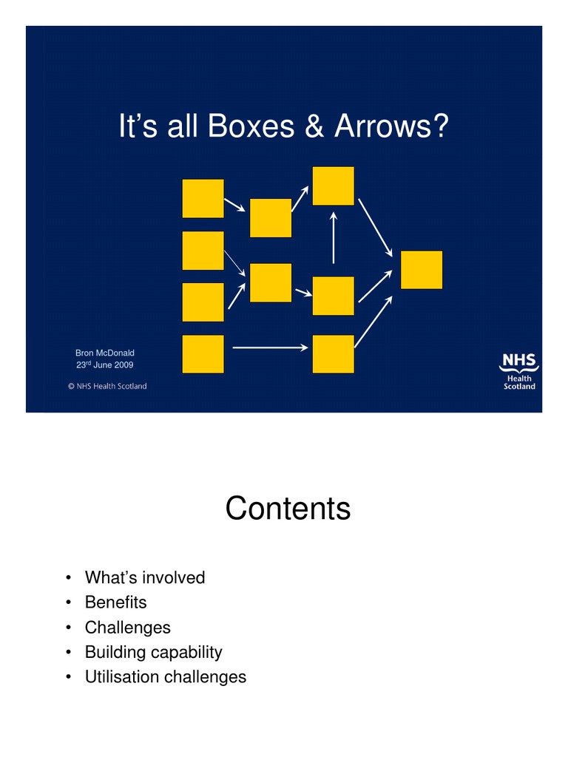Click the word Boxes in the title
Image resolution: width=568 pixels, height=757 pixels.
251,127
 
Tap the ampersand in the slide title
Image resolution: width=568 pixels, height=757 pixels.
314,127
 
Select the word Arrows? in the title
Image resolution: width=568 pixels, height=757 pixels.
390,127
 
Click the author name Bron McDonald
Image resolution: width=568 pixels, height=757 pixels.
105,353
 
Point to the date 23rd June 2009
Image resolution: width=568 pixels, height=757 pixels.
104,364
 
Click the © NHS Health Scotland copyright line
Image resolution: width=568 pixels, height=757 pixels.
107,386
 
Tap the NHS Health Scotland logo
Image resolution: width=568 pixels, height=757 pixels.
518,370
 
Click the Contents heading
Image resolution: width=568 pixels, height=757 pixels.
288,509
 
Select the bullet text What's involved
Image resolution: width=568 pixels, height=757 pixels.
145,577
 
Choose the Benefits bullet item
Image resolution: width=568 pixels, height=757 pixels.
116,602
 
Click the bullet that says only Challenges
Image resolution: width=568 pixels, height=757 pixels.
127,627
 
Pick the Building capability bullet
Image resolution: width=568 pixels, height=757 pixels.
153,652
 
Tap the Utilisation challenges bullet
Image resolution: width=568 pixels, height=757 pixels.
166,676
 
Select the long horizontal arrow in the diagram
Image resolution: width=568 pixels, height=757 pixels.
271,347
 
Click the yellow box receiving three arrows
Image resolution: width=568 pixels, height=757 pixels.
422,270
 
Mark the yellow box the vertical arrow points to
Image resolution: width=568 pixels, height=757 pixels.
334,186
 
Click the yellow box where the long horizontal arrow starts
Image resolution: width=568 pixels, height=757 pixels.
203,354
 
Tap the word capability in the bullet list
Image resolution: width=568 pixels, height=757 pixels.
185,652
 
